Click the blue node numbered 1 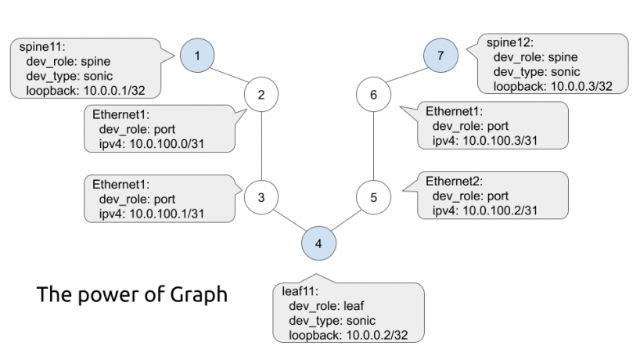click(197, 56)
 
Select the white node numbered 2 click(261, 95)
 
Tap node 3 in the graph click(261, 197)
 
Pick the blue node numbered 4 click(318, 243)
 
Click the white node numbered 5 click(373, 197)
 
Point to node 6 click(373, 95)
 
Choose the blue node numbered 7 click(440, 56)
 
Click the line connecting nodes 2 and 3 click(261, 146)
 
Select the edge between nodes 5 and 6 click(373, 146)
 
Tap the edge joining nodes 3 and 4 click(289, 220)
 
